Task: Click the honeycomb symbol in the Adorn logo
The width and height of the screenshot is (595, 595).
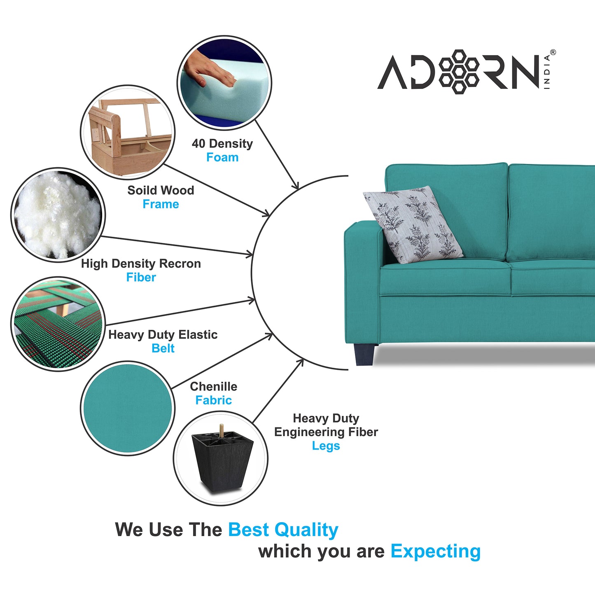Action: [x=459, y=72]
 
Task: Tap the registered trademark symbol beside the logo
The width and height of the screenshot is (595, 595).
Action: [x=553, y=52]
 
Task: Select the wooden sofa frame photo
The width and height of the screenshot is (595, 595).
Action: [x=128, y=132]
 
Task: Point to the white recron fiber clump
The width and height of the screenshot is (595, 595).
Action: [x=58, y=215]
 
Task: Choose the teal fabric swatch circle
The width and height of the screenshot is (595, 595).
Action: [x=128, y=408]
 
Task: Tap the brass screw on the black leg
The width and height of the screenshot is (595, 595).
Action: [x=222, y=430]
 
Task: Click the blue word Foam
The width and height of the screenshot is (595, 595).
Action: [x=222, y=157]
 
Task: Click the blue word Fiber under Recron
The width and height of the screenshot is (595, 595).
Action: [x=141, y=277]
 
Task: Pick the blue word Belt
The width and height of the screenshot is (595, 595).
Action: [x=163, y=348]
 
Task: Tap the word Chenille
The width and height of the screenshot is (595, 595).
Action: [x=214, y=387]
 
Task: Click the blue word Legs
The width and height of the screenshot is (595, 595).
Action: [x=326, y=446]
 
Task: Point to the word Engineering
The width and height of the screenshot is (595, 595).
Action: [x=310, y=432]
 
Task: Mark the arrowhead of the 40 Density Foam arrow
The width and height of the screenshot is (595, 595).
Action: [x=296, y=186]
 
